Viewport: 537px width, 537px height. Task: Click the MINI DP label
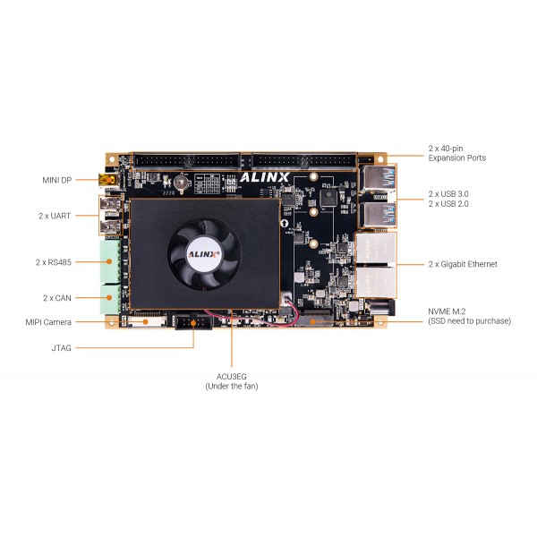coord(57,180)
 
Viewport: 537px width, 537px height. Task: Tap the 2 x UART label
coord(55,216)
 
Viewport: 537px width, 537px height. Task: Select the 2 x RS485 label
coord(54,262)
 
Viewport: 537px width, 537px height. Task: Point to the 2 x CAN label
coord(57,298)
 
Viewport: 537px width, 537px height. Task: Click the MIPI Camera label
coord(48,322)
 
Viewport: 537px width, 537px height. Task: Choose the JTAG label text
coord(61,348)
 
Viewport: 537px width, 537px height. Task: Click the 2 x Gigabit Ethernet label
coord(463,264)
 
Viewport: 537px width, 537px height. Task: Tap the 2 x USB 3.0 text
coord(448,194)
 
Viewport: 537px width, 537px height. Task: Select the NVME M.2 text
coord(447,311)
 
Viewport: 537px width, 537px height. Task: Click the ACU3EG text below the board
coord(232,377)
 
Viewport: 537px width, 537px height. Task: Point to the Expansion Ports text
coord(456,158)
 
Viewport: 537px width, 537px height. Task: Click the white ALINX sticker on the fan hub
coord(204,254)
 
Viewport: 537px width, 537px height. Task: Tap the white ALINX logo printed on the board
coord(264,177)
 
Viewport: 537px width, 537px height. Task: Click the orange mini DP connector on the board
coord(108,180)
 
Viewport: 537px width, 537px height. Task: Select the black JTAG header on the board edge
coord(193,322)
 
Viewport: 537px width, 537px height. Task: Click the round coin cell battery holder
coord(182,182)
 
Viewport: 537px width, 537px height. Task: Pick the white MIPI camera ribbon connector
coord(147,321)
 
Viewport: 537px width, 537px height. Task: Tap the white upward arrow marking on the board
coord(285,223)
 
